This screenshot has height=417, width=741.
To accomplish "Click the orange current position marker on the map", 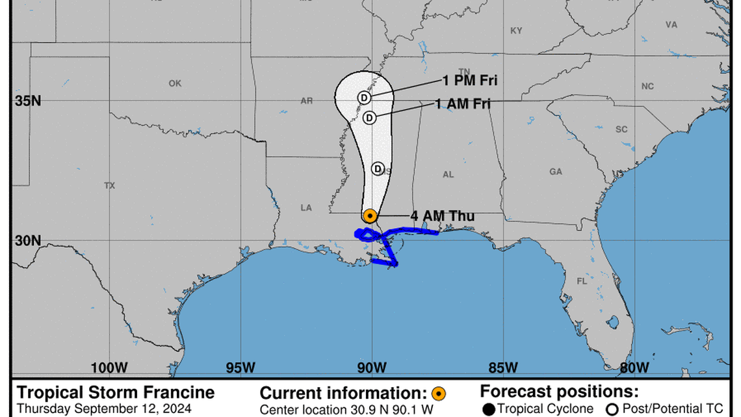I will (x=370, y=215).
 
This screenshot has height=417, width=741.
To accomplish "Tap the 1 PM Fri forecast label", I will (x=470, y=81).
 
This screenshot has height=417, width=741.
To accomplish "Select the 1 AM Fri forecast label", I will (x=463, y=103).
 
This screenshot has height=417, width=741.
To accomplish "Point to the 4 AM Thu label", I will (x=442, y=216).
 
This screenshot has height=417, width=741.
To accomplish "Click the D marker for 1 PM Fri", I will (x=364, y=98).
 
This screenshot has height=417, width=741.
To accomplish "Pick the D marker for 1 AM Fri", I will (x=369, y=118).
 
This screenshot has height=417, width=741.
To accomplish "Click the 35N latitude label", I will (x=29, y=101).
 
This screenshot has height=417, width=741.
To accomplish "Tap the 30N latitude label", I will (x=29, y=241).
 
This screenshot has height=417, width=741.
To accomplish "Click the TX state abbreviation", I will (x=109, y=186).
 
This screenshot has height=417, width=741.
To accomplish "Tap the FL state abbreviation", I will (x=581, y=282).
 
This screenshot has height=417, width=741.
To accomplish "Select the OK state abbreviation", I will (x=175, y=83).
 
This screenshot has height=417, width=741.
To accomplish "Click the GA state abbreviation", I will (x=555, y=172).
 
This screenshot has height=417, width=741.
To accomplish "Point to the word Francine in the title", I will (x=175, y=392).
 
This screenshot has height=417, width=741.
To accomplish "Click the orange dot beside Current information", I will (x=439, y=393).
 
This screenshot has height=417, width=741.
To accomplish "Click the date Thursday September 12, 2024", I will (x=104, y=409).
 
